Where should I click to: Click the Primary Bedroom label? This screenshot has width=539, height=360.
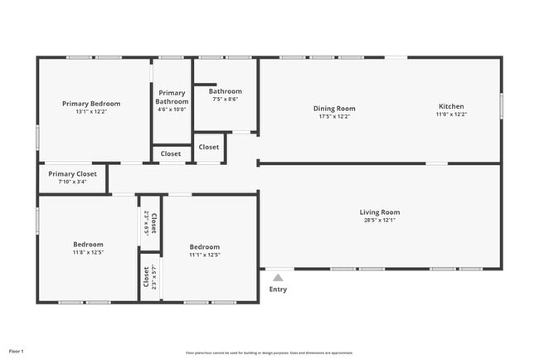tap(91, 104)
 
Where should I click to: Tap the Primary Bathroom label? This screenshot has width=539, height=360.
tap(172, 97)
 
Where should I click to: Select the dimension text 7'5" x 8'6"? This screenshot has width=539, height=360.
tap(225, 100)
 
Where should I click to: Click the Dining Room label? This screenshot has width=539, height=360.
tap(334, 108)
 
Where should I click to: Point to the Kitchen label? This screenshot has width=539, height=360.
tap(451, 106)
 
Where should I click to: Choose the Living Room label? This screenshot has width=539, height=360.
tap(380, 212)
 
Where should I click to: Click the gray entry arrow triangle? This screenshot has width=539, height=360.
tap(278, 278)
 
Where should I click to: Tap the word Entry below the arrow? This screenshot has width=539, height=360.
tap(278, 289)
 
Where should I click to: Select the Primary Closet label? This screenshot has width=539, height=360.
tap(72, 174)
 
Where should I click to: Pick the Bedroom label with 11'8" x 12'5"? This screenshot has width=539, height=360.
tap(88, 245)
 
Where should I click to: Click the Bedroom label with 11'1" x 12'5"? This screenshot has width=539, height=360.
tap(205, 246)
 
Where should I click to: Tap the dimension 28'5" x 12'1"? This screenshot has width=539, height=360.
tap(380, 221)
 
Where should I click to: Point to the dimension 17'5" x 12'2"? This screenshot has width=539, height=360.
tap(334, 116)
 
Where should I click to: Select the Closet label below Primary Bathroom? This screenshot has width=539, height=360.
tap(171, 153)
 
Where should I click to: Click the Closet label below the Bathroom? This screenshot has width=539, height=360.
tap(209, 147)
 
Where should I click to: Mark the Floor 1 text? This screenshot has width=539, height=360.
tap(17, 352)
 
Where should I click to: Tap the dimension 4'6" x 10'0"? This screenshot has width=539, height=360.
tap(172, 109)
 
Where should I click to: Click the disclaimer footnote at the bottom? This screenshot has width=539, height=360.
tap(269, 353)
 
